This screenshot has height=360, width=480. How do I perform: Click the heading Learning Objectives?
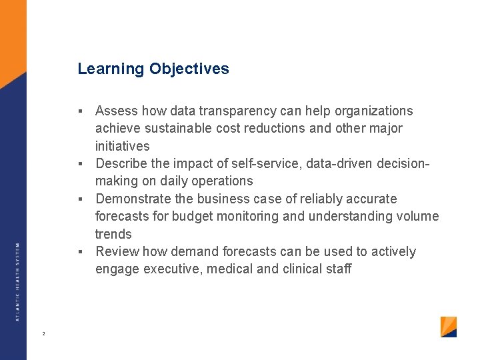click(153, 69)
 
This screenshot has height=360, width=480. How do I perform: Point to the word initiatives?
click(122, 146)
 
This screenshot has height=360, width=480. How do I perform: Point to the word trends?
click(113, 234)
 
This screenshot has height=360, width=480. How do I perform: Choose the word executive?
click(171, 269)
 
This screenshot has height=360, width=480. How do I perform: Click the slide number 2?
click(43, 333)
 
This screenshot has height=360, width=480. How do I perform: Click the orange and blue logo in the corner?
click(449, 327)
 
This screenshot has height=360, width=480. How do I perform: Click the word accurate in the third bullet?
click(374, 199)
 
